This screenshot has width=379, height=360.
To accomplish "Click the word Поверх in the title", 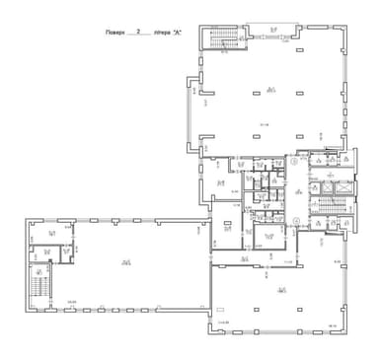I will pyautogui.click(x=117, y=33).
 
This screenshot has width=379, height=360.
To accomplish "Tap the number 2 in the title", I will pyautogui.click(x=144, y=32).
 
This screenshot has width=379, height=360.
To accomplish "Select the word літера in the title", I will pyautogui.click(x=163, y=33).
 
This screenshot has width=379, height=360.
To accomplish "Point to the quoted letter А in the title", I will pyautogui.click(x=179, y=33).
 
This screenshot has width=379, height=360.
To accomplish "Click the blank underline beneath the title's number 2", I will pyautogui.click(x=144, y=36).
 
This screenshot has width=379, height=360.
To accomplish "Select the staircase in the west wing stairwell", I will pyautogui.click(x=40, y=283).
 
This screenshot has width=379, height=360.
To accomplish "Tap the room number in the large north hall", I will pyautogui.click(x=269, y=90).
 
